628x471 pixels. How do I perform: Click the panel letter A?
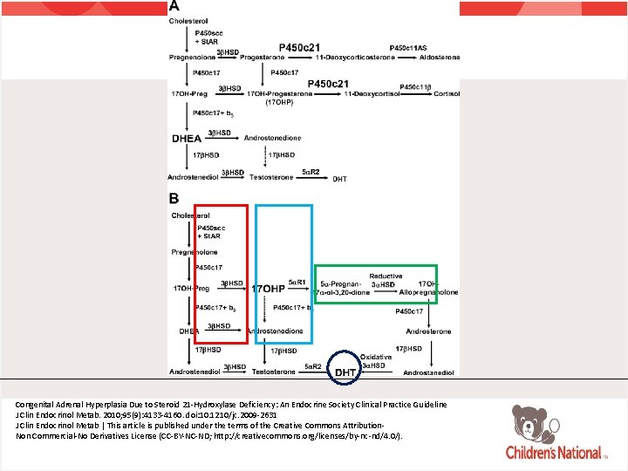click(x=174, y=6)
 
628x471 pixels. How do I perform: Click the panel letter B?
click(x=174, y=199)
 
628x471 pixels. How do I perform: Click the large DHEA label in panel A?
click(x=187, y=138)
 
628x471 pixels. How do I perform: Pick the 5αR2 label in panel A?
click(x=311, y=172)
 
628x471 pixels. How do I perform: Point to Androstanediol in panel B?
click(x=428, y=372)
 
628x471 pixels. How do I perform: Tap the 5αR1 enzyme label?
click(x=299, y=283)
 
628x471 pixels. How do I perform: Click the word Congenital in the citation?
click(x=38, y=405)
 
